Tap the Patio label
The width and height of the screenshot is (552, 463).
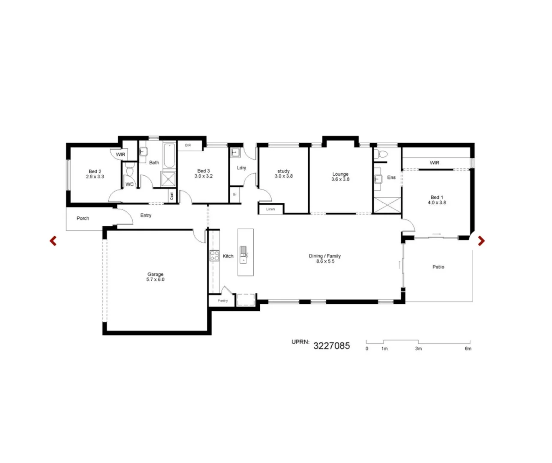(x=438, y=267)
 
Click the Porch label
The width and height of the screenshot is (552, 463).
(x=83, y=218)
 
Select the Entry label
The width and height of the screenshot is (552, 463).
(x=146, y=215)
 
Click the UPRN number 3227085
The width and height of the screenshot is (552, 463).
(x=331, y=346)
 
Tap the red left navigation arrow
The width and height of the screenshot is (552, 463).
(x=53, y=241)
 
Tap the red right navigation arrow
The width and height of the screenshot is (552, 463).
(x=481, y=241)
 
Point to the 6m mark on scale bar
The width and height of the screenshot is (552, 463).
(x=468, y=349)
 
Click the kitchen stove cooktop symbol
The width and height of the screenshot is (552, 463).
(x=214, y=256)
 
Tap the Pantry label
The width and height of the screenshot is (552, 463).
(x=222, y=301)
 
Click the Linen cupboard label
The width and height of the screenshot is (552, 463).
(x=270, y=209)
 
